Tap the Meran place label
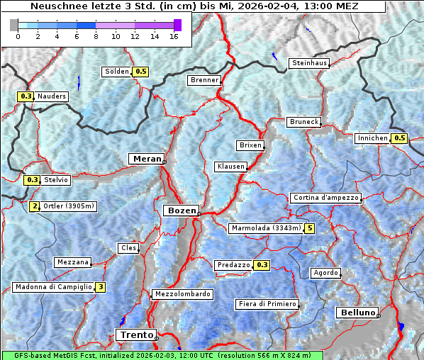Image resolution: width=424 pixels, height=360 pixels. (145, 159)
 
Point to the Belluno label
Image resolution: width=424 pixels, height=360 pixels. (357, 313)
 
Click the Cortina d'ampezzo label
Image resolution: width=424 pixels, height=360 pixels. (325, 198)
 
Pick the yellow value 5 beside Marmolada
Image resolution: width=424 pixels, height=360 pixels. (309, 228)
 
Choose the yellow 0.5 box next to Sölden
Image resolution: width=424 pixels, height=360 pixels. (141, 72)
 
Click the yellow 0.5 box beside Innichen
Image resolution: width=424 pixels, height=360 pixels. (399, 138)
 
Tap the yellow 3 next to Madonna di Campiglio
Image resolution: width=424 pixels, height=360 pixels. (101, 287)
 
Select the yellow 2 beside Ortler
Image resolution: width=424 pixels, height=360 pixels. (35, 206)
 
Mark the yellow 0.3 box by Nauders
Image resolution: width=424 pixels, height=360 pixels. (26, 96)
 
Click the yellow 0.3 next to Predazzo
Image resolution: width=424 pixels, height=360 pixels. (262, 265)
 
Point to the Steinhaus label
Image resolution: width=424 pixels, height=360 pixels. (310, 64)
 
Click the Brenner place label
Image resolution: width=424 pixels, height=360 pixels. (205, 80)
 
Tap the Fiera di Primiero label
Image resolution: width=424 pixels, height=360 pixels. (267, 304)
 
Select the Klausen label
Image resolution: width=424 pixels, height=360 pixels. (230, 167)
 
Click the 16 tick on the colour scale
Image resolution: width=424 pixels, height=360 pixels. (174, 37)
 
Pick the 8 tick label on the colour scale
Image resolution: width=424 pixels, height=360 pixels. (96, 37)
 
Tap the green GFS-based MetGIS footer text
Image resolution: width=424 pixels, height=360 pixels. (162, 355)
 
